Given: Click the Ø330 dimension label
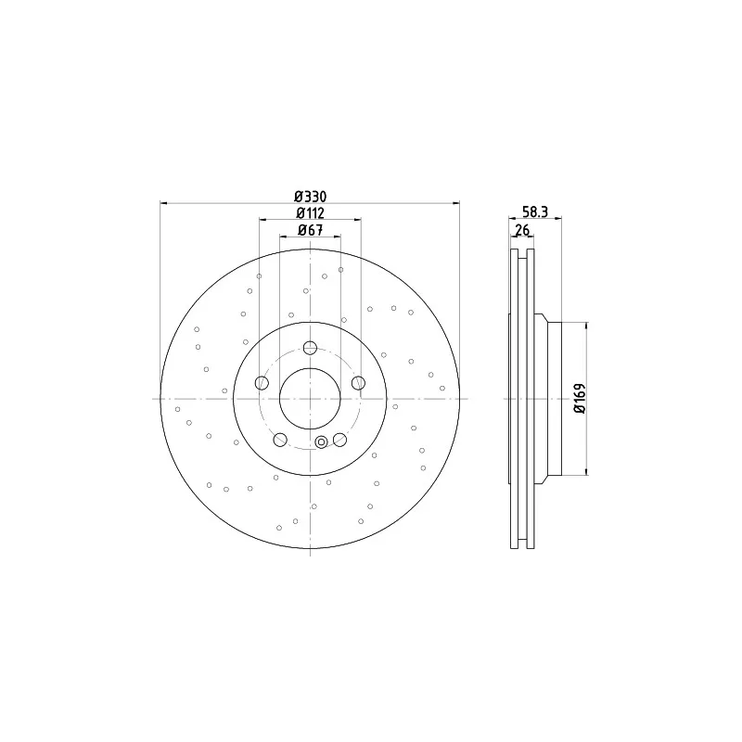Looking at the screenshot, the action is (x=310, y=196).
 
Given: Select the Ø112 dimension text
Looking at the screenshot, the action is (x=310, y=213).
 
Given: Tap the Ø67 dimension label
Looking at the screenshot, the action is (x=310, y=230).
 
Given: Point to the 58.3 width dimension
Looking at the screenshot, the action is (x=535, y=211).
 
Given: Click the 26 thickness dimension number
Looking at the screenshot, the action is (x=522, y=230).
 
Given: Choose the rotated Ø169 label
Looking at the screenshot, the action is (x=580, y=399).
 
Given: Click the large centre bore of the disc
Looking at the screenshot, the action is (x=310, y=399).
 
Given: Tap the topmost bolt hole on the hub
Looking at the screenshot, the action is (x=310, y=348).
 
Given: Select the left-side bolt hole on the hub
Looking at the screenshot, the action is (x=262, y=383).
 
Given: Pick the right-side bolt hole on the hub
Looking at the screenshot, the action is (x=358, y=383).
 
